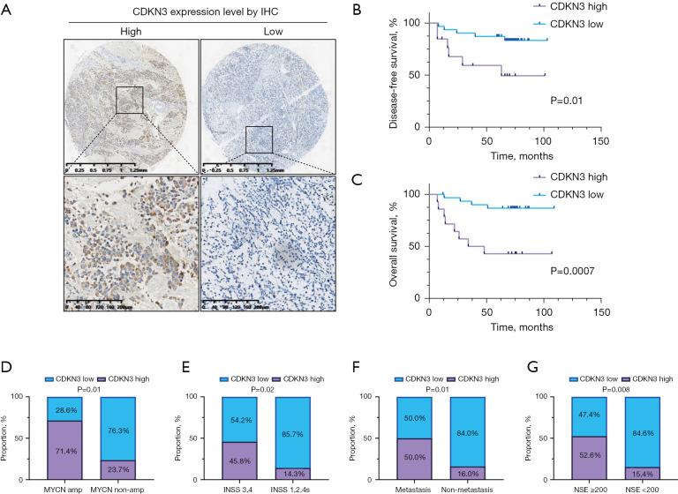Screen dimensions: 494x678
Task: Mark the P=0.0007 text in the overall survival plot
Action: tap(562, 265)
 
